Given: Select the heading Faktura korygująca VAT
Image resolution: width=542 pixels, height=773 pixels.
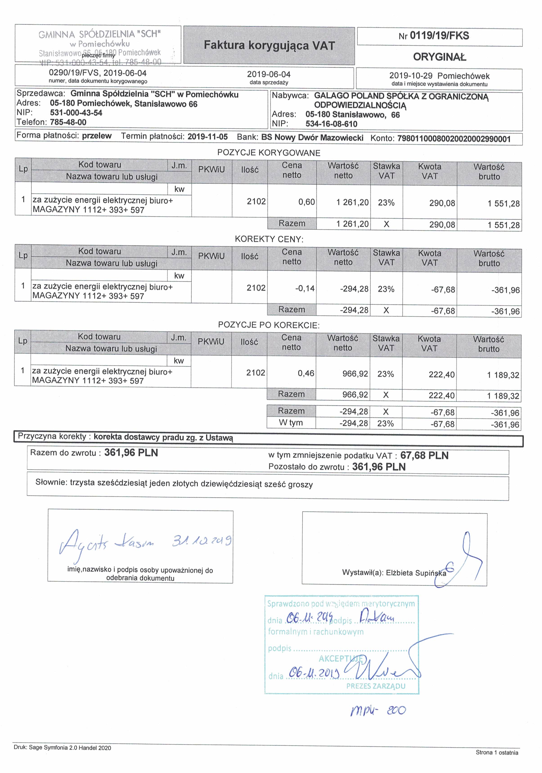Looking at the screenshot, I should pos(269,45).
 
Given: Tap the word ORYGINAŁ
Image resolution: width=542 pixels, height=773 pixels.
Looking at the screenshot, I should pos(440,57).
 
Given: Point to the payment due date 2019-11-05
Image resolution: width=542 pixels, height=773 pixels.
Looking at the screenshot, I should pos(207,137).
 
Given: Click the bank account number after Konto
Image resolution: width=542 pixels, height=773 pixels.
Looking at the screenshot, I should pos(454,139).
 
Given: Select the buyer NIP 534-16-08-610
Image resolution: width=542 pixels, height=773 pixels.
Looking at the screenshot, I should pos(331,124).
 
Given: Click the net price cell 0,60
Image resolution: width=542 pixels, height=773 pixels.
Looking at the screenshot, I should pos(306,202).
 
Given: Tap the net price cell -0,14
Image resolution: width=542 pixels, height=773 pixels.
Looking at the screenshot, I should pos(305,289).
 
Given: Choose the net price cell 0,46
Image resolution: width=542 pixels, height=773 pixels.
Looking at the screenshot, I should pos(306,373).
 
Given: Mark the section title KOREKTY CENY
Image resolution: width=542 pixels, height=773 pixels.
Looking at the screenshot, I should pos(269,239).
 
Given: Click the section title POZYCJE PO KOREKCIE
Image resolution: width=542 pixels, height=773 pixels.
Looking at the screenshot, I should pos(268,325).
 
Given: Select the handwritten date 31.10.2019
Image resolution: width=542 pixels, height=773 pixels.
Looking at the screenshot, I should pos(201,541).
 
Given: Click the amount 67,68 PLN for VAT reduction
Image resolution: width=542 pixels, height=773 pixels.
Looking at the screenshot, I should pos(424,455).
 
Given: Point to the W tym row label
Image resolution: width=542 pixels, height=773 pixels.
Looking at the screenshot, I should pos(290,423).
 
